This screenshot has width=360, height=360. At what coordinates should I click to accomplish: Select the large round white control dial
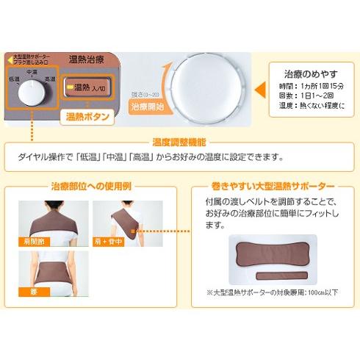[203, 79]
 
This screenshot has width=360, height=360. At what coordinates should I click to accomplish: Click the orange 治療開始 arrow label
[151, 106]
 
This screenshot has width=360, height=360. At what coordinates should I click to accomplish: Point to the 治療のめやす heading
[312, 74]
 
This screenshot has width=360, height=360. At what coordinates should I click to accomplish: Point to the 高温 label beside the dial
[51, 77]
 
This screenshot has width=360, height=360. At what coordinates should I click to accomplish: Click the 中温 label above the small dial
[32, 71]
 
